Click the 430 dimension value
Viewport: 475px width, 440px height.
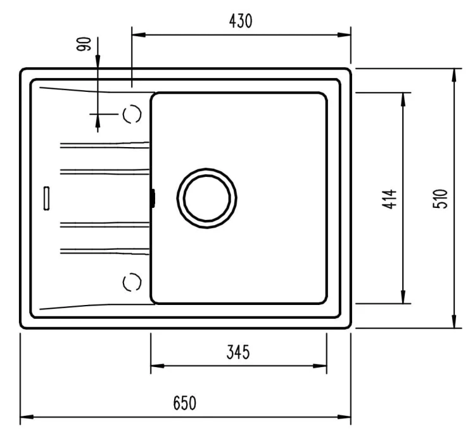pos(241,21)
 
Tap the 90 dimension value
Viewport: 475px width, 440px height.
pos(84,44)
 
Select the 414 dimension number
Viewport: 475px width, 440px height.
pos(389,199)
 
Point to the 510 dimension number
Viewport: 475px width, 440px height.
pos(440,198)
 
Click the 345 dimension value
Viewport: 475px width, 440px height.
pos(238,352)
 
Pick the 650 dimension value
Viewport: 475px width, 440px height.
pos(184,403)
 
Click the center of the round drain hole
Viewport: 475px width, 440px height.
pos(206,198)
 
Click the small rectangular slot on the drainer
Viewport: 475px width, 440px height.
pos(46,198)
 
